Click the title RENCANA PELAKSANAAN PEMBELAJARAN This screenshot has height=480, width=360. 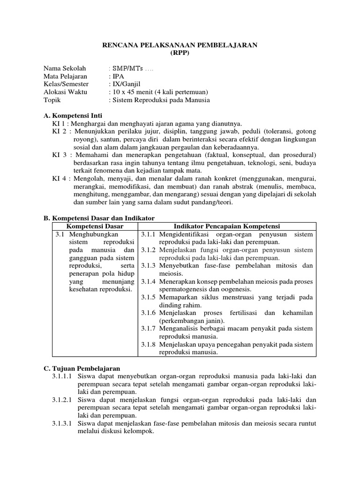(180, 45)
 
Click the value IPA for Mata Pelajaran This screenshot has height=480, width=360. (117, 76)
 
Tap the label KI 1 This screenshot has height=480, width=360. (59, 124)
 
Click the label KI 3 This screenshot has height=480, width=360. (59, 155)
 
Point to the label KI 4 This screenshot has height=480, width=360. (59, 179)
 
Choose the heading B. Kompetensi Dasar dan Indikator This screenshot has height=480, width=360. (99, 218)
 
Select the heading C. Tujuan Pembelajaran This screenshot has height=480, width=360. (82, 369)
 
